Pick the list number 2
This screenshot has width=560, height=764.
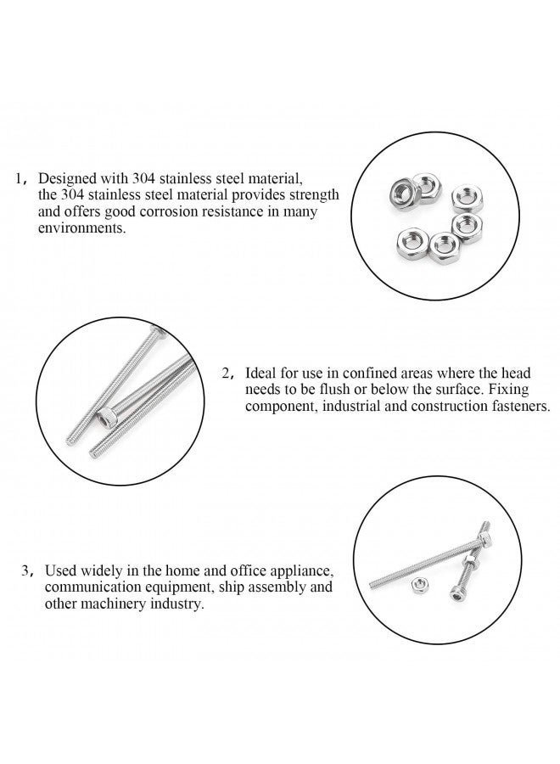click(x=227, y=373)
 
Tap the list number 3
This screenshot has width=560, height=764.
click(x=26, y=570)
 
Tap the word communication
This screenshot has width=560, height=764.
click(x=87, y=587)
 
